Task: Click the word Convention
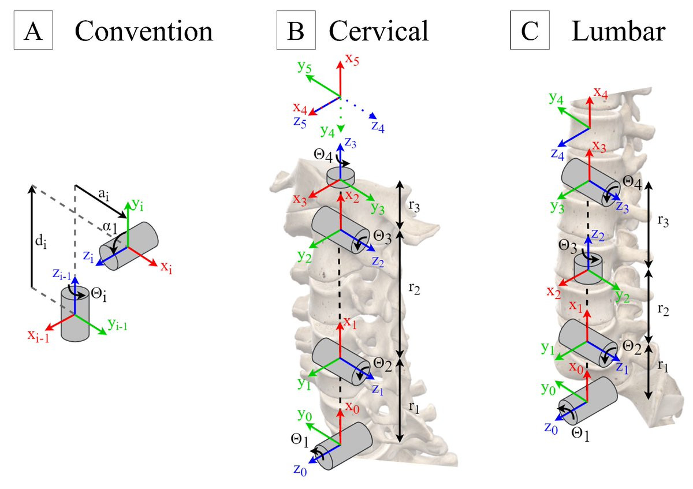144,31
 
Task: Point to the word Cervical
379,31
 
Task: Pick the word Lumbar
618,31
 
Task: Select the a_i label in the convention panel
103,195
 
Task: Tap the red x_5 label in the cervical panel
352,59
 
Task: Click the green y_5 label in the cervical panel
304,67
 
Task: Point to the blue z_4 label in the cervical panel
378,126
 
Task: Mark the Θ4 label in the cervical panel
323,155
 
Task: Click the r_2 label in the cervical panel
414,289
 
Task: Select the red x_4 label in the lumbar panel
601,93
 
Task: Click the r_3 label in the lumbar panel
663,221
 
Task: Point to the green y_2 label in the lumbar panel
623,296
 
